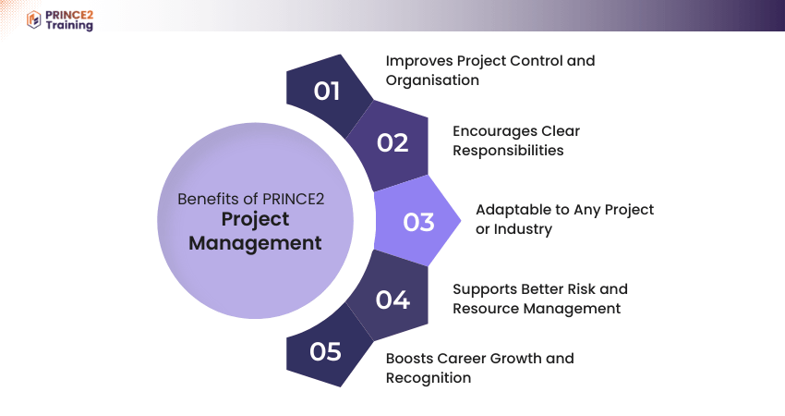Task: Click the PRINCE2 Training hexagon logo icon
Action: [33, 20]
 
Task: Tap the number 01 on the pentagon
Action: [326, 92]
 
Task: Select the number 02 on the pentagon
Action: [392, 143]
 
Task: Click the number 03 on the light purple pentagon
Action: [418, 222]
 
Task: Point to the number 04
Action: [392, 300]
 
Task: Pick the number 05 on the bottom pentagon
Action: [325, 352]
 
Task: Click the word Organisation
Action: [432, 80]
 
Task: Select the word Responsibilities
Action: [508, 151]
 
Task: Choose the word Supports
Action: [485, 289]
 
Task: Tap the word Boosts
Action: [409, 359]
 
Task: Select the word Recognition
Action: [429, 378]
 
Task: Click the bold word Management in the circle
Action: [255, 243]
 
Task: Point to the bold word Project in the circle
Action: [255, 219]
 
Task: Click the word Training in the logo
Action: [69, 26]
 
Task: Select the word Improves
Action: [419, 61]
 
